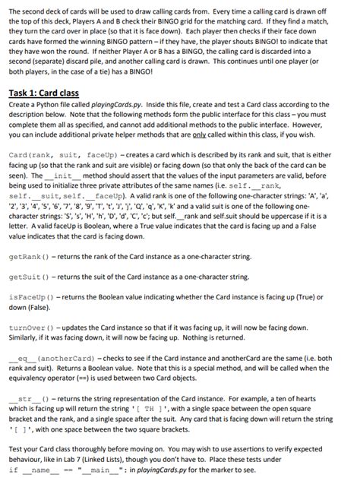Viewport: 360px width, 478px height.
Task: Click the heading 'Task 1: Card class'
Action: (x=51, y=93)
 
